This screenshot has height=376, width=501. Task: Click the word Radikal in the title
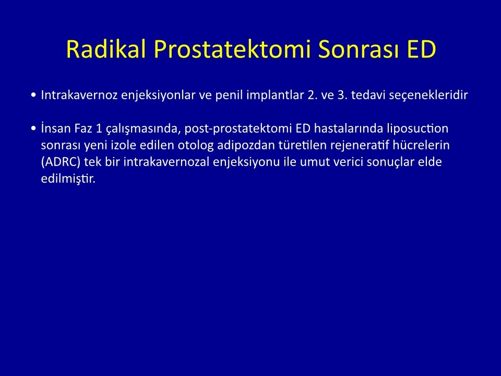(x=106, y=49)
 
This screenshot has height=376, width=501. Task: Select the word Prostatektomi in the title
(x=232, y=50)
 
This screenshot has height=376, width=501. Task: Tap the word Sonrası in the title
(x=359, y=49)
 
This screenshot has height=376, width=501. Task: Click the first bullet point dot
(x=33, y=95)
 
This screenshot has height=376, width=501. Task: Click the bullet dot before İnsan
(x=33, y=128)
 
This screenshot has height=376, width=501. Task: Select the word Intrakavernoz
(x=79, y=95)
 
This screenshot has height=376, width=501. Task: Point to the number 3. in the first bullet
(x=342, y=95)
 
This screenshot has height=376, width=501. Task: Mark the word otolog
(x=196, y=146)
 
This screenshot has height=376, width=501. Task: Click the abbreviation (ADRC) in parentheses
(x=61, y=162)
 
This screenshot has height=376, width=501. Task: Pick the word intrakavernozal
(x=166, y=162)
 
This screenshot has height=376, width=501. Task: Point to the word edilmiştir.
(x=68, y=179)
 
